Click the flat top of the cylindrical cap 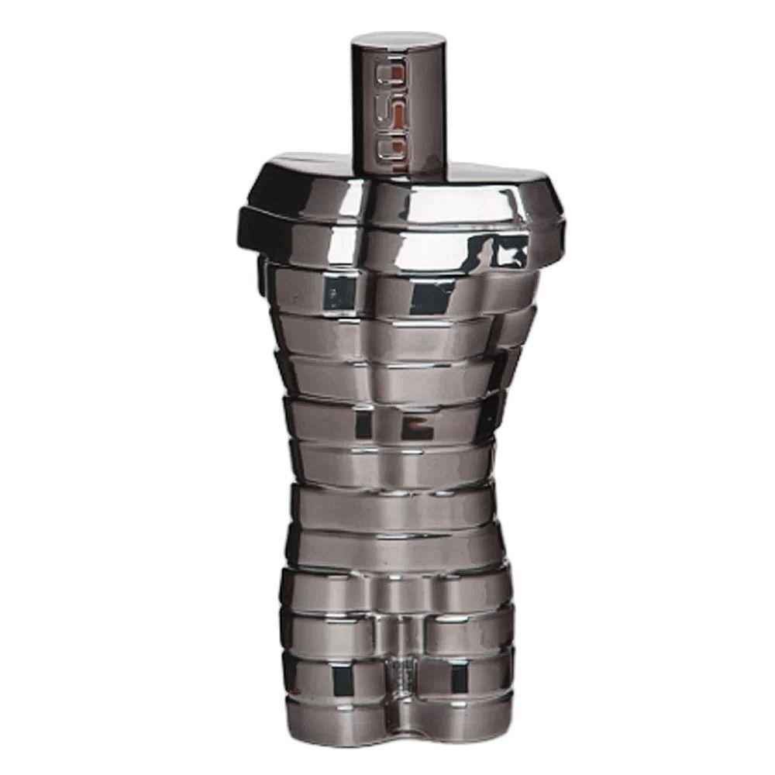399,40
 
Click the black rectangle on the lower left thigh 339,680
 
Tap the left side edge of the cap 353,101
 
